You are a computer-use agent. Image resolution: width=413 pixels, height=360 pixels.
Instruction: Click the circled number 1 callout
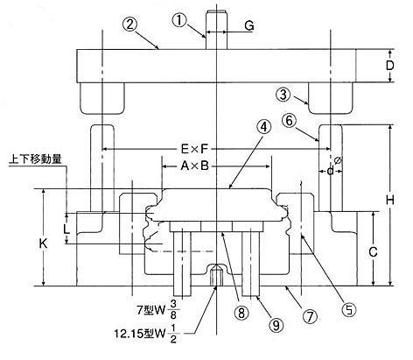coord(179,21)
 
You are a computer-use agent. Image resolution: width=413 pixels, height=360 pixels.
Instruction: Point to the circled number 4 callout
coord(263,127)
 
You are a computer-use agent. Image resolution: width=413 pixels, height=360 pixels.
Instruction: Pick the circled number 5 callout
coord(350,309)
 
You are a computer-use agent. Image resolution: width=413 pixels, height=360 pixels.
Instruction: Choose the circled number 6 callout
coord(289,121)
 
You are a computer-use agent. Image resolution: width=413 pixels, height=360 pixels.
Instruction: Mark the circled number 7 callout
coord(310,316)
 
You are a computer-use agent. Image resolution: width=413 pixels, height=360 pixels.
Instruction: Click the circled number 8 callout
coord(241,313)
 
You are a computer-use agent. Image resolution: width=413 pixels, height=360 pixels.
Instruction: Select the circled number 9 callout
coord(276,324)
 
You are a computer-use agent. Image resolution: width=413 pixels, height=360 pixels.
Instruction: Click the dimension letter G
coord(248,26)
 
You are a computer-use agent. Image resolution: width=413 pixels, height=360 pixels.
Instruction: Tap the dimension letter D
coord(389,66)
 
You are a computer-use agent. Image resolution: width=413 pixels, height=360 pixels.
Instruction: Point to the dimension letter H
coord(390,201)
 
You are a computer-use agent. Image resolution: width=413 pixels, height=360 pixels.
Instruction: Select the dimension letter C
coord(373,251)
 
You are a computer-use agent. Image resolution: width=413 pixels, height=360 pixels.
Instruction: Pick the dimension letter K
coord(44,244)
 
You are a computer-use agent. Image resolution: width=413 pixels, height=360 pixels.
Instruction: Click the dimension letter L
coord(66,229)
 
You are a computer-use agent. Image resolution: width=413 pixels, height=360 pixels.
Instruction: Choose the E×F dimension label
coord(194,149)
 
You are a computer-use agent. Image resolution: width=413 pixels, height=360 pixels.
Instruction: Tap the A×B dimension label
coord(194,166)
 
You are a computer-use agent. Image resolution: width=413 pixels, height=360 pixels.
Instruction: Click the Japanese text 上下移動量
coord(35,159)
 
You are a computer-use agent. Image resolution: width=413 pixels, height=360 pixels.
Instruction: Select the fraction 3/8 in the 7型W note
coord(173,309)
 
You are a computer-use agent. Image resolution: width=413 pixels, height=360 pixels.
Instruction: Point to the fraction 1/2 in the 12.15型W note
coord(173,334)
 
